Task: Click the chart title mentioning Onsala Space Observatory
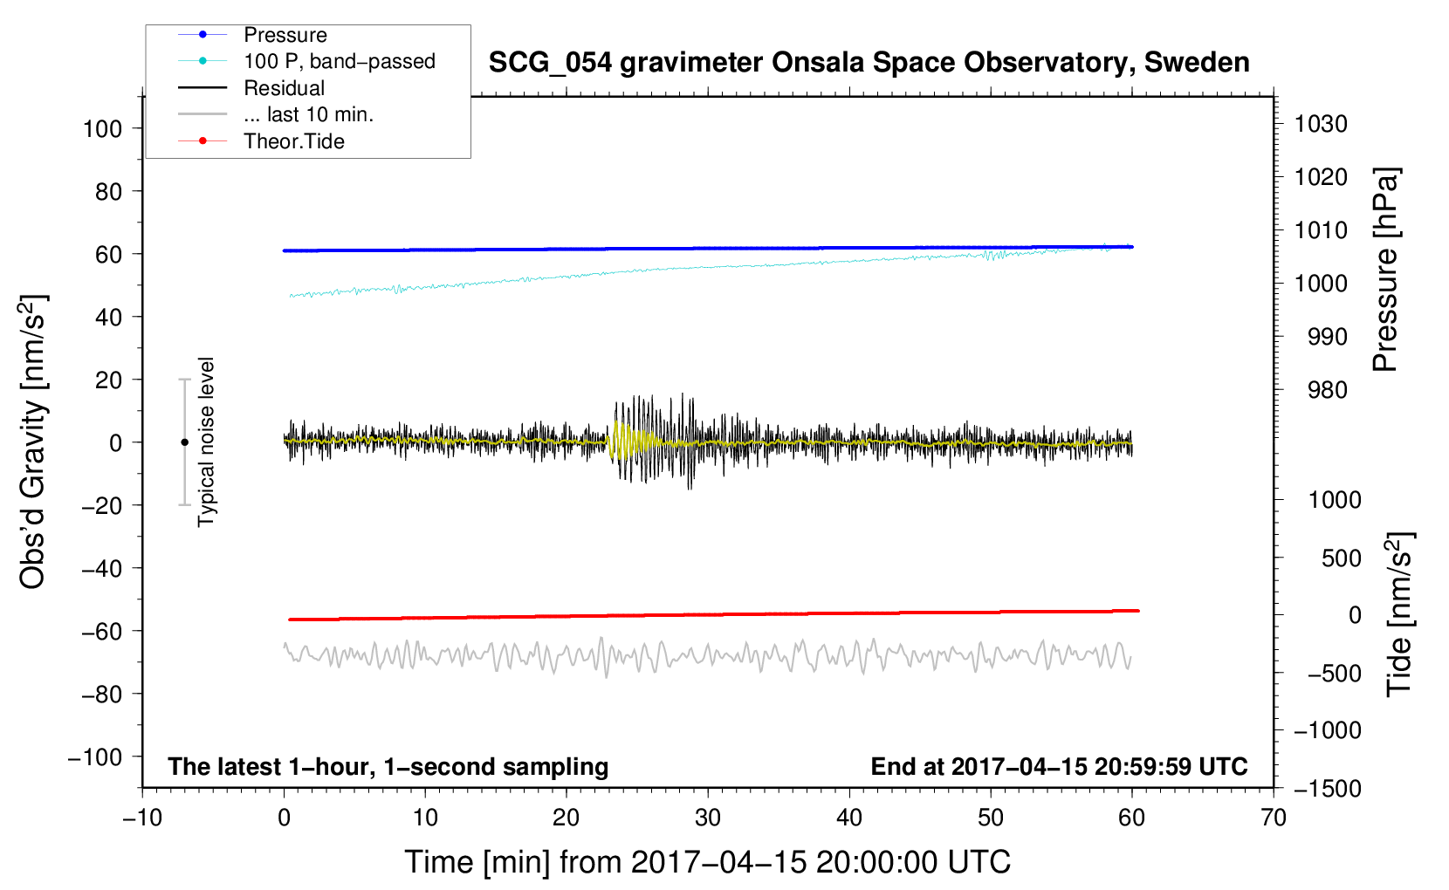(869, 63)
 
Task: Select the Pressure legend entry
(285, 35)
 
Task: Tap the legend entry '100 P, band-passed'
(339, 61)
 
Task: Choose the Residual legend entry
(284, 88)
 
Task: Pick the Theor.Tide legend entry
(293, 141)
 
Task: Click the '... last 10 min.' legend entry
(308, 114)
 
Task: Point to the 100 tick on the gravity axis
(102, 129)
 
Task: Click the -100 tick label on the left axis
(96, 757)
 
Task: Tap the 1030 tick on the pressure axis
(1321, 124)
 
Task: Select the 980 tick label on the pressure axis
(1327, 390)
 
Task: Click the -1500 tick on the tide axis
(1328, 789)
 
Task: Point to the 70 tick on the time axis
(1274, 818)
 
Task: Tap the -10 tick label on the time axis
(142, 818)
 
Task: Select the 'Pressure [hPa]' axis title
(1385, 270)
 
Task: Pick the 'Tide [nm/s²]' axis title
(1399, 614)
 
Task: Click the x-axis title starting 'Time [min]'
(707, 862)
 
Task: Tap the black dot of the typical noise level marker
(184, 442)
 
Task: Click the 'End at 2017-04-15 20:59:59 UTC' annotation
(1059, 767)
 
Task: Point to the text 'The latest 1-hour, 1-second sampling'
(388, 767)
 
